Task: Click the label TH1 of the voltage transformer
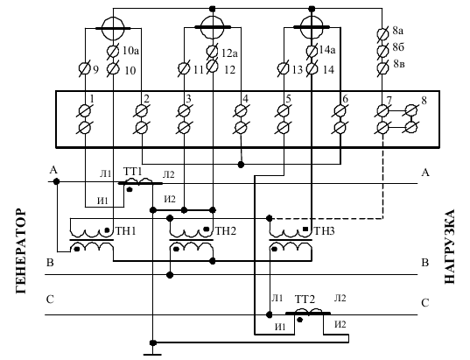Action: [x=126, y=231]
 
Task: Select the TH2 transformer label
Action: [x=226, y=231]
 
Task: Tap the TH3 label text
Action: [x=324, y=231]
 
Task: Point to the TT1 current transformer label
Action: [x=132, y=172]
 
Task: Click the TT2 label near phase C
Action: [x=305, y=300]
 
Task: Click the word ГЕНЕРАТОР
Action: [x=21, y=251]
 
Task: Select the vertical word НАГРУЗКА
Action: [x=449, y=246]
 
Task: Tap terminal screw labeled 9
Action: [x=85, y=69]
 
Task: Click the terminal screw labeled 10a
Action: [x=113, y=52]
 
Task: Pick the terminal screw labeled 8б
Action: [x=382, y=50]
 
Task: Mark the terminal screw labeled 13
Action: [x=284, y=68]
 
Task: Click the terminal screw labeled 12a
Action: [x=212, y=52]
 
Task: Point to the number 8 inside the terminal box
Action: [x=424, y=101]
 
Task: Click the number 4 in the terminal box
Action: [x=245, y=99]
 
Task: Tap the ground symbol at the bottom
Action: [x=152, y=354]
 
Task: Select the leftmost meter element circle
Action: [x=113, y=29]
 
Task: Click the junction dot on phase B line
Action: [x=170, y=274]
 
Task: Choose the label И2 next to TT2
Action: [x=340, y=324]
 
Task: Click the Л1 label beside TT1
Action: [x=106, y=173]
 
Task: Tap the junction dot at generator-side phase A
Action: [x=56, y=181]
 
